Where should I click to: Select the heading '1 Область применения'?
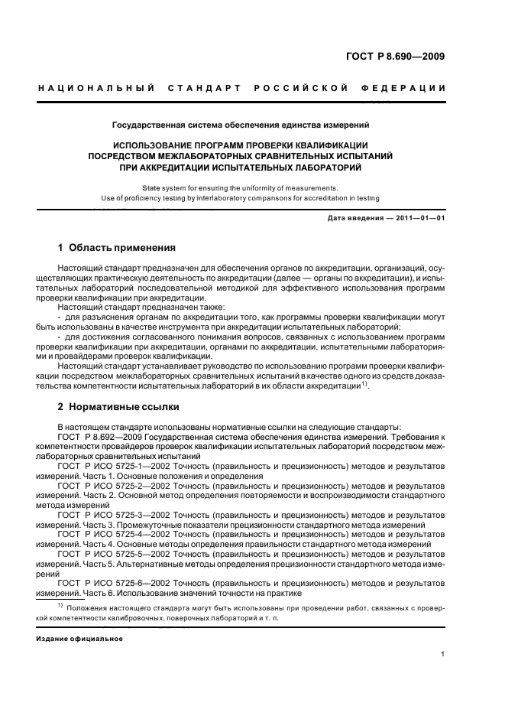tap(117, 249)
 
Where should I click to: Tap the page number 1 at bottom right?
tap(443, 654)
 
